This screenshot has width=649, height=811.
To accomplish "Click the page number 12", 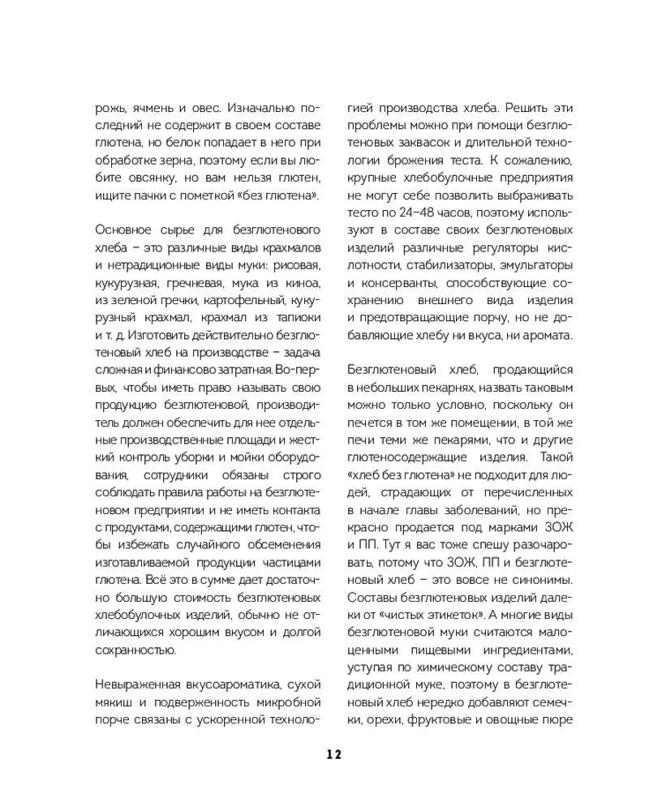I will click(x=334, y=753).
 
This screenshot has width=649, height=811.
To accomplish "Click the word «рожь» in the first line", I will click(x=110, y=107).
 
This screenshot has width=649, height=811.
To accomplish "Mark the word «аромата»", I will click(x=548, y=335).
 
